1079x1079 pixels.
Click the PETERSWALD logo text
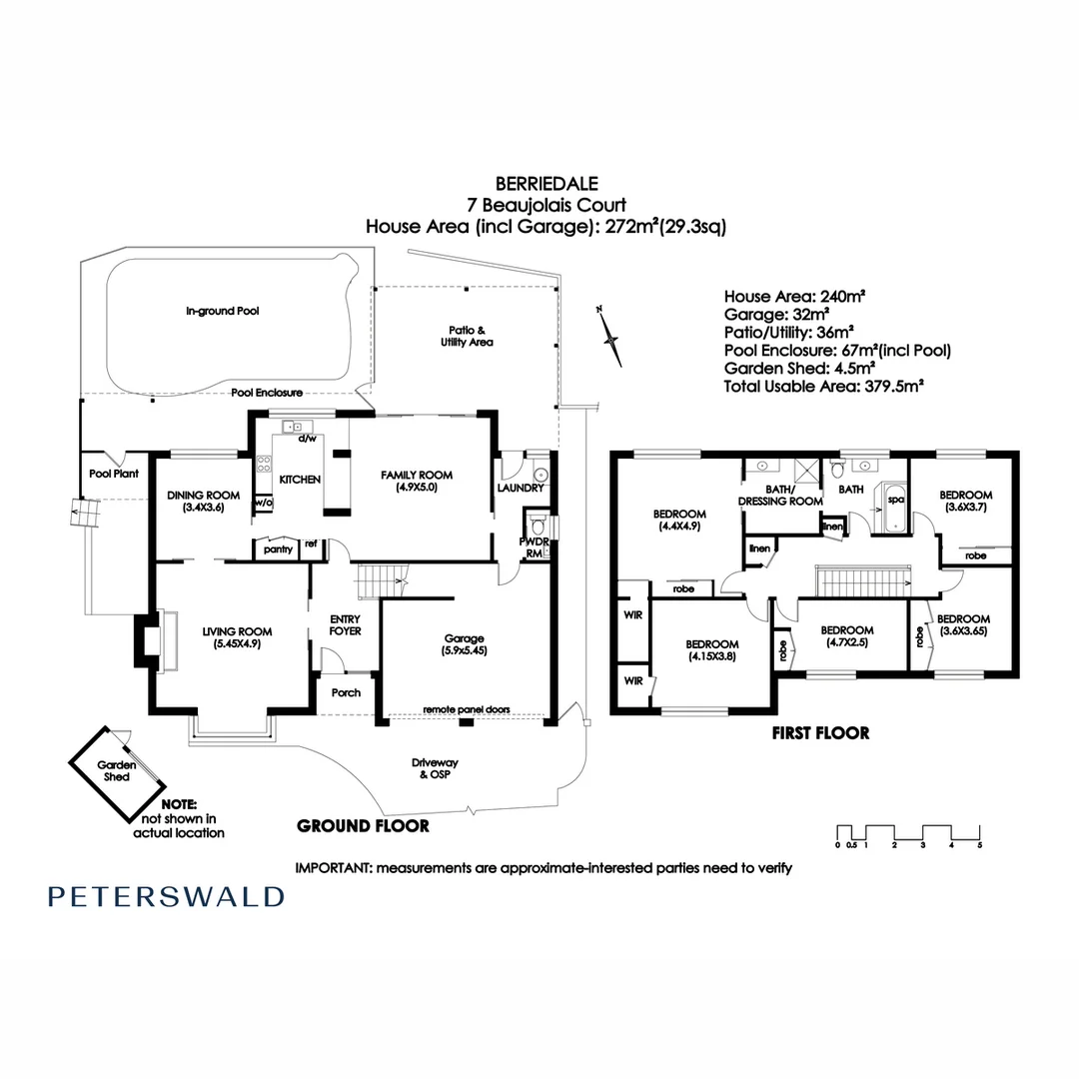[165, 896]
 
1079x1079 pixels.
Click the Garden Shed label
[116, 770]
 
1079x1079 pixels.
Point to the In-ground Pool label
[222, 311]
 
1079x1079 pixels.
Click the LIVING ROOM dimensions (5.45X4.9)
[237, 644]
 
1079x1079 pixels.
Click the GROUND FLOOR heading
[363, 826]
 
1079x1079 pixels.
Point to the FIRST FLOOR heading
[820, 732]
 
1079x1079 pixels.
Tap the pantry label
[277, 548]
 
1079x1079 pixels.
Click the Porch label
[346, 692]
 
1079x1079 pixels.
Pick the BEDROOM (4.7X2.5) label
[846, 636]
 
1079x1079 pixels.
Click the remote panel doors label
[466, 709]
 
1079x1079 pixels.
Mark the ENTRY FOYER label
[345, 625]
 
